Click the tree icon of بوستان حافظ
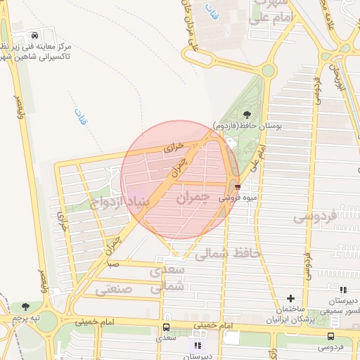coord(246,114)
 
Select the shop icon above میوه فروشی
coord(238,187)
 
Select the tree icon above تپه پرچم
coord(25,307)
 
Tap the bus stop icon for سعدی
coord(166,327)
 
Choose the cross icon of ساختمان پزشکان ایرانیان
coord(291,299)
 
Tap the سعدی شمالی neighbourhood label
coord(169,278)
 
